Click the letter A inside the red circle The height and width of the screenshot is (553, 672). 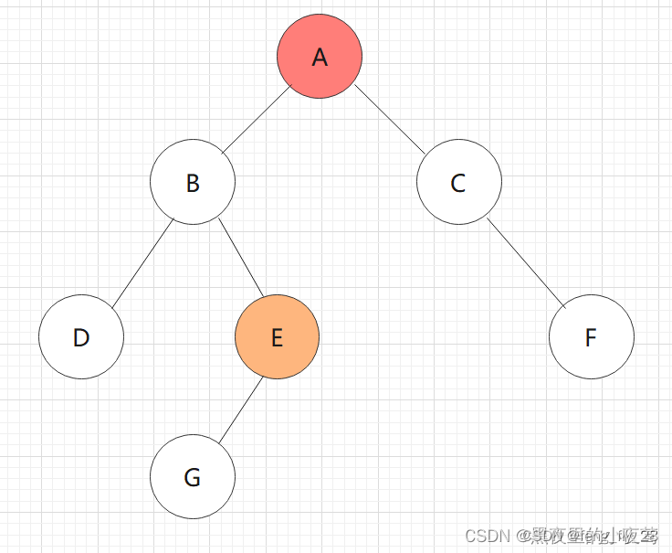point(320,58)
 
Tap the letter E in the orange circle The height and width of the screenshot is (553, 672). point(277,338)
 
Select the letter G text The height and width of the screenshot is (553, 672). point(193,478)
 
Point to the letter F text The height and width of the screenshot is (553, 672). point(591,338)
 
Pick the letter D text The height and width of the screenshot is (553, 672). point(81,338)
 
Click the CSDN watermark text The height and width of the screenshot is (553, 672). point(486,536)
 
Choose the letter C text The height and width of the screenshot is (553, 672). point(458,184)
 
